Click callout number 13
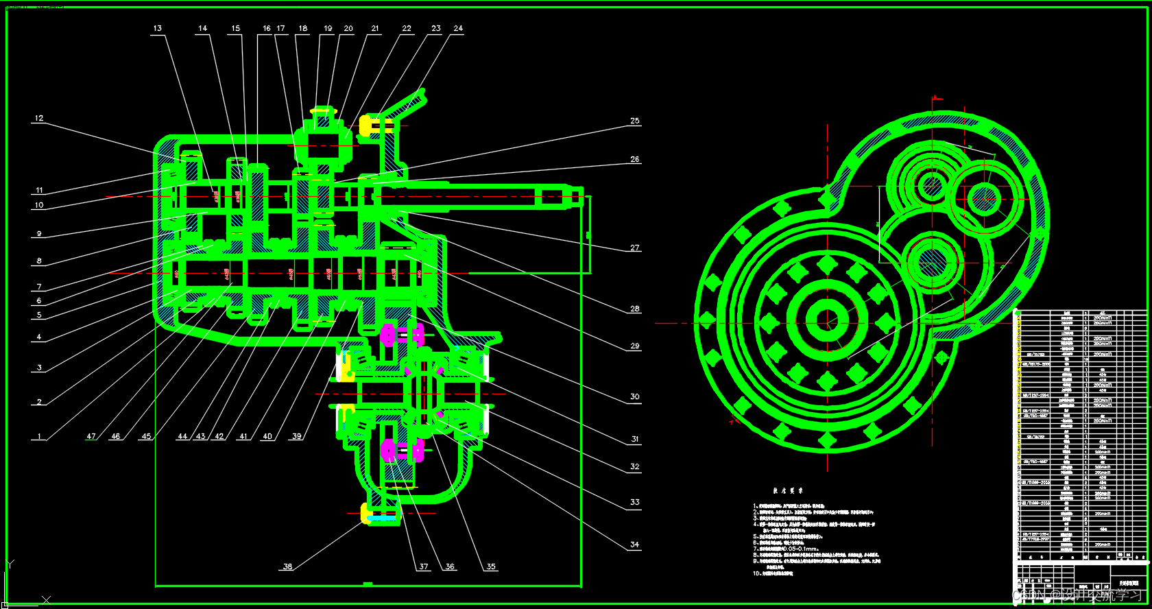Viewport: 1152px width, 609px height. [158, 29]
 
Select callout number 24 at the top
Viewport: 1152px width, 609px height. [458, 29]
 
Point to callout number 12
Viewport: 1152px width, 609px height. [39, 119]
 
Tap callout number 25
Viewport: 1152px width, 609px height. [635, 121]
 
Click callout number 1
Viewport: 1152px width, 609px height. [39, 436]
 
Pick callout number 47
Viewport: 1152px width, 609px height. [91, 436]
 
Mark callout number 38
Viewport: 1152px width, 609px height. [287, 566]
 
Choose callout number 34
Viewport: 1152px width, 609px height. [635, 545]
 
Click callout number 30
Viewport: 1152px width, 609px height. [635, 396]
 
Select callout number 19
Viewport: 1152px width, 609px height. [328, 29]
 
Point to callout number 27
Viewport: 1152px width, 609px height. [635, 248]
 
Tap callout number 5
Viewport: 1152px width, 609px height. [39, 315]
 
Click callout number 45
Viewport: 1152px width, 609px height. [146, 436]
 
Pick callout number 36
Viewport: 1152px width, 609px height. [450, 566]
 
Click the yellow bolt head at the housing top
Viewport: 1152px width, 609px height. [367, 126]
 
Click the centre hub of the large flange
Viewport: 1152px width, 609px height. [827, 320]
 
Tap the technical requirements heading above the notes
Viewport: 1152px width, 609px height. [788, 491]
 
